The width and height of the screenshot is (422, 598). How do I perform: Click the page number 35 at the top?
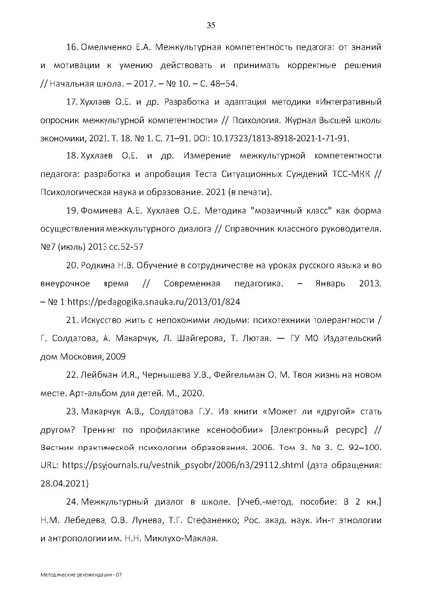click(211, 25)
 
